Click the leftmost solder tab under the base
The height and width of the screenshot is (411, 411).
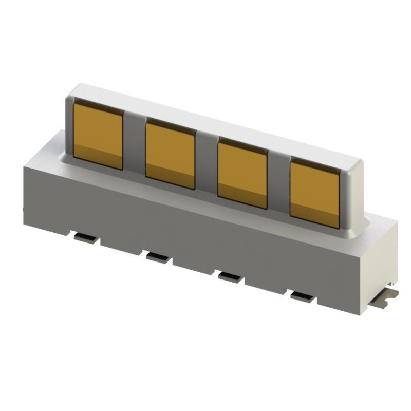(x=85, y=237)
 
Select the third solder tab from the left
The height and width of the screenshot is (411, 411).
(x=230, y=277)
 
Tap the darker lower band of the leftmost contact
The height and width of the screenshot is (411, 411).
(x=98, y=157)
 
